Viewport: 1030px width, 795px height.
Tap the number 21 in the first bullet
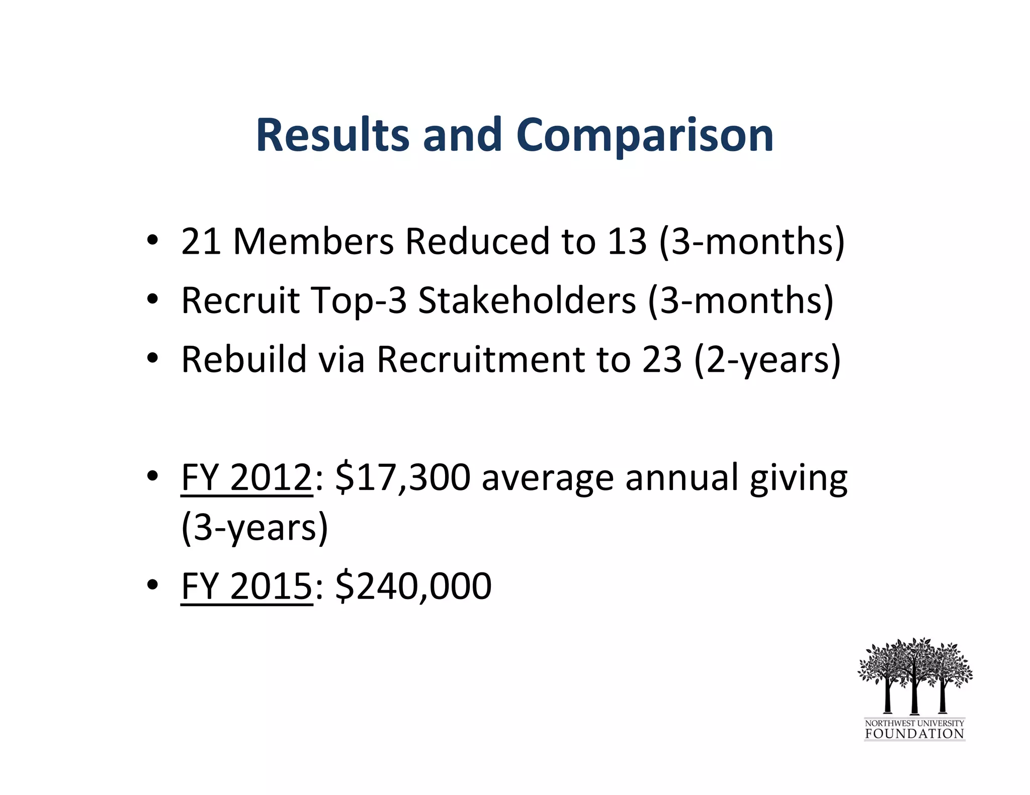tap(201, 241)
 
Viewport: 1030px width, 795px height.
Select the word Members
tap(313, 241)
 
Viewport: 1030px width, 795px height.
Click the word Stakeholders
tap(527, 301)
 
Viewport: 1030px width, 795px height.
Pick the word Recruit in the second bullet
tap(240, 301)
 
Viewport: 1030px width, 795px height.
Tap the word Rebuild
tap(244, 359)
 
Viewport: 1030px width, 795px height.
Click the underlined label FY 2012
tap(246, 477)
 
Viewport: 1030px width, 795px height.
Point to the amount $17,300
tap(402, 477)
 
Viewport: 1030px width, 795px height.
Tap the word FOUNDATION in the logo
tap(914, 734)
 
